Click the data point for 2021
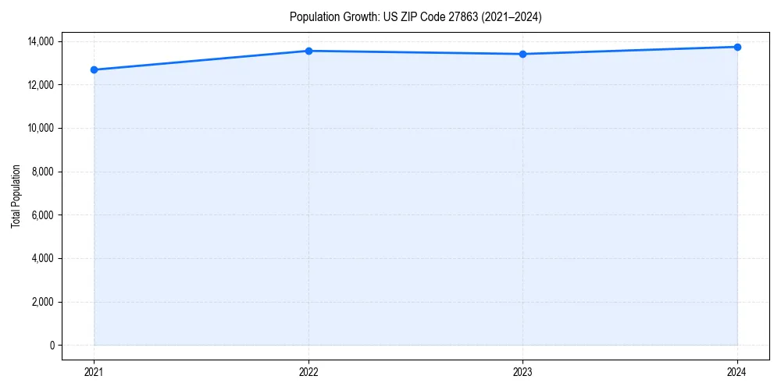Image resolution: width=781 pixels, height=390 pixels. point(94,69)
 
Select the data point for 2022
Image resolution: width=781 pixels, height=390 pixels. point(308,51)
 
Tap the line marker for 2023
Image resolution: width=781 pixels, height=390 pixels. point(522,54)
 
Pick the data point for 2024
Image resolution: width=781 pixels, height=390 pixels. point(737,47)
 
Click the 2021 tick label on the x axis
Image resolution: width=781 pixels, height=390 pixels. point(94,372)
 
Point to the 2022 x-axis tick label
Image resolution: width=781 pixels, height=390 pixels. point(308,372)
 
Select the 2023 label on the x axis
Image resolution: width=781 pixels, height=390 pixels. point(522,372)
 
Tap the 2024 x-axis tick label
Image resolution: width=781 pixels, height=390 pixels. point(737,372)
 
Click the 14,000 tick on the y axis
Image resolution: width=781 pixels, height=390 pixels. point(40,41)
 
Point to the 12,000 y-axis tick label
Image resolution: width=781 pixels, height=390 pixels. point(40,84)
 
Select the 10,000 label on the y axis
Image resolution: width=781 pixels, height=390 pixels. point(40,128)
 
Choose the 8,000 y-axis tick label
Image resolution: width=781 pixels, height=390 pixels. point(42,172)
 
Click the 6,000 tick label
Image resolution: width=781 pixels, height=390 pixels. point(42,214)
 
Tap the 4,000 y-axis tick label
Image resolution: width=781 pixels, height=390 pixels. point(42,258)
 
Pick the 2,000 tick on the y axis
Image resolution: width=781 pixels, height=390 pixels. point(42,302)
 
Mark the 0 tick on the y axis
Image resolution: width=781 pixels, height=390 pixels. point(52,346)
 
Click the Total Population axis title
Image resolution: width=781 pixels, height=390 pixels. point(16,196)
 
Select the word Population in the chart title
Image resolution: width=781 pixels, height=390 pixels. point(314,16)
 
